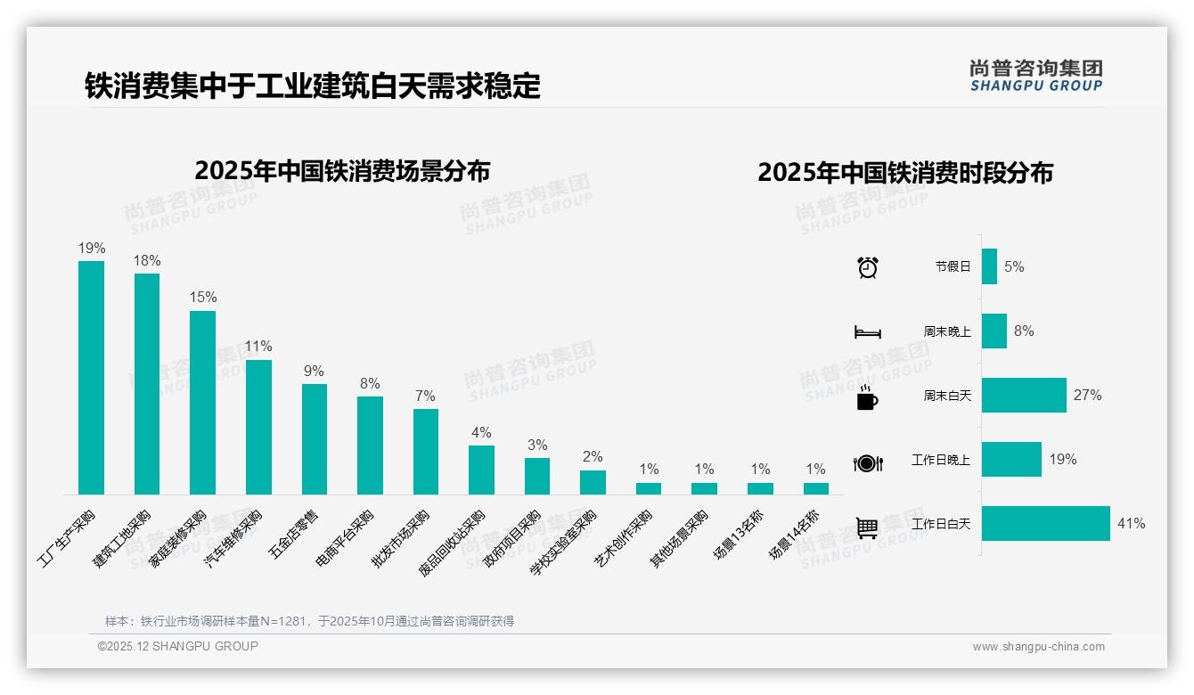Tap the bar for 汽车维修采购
[x=258, y=427]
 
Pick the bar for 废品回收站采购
[x=481, y=470]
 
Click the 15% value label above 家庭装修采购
[x=202, y=298]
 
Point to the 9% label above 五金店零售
[x=314, y=371]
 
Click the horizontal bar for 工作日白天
[x=1045, y=524]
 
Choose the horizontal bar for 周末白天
[x=1024, y=395]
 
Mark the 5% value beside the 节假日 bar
[x=1014, y=266]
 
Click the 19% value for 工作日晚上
[x=1062, y=460]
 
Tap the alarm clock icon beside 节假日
[x=867, y=267]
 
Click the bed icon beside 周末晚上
[x=867, y=332]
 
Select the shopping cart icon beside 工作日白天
[x=867, y=527]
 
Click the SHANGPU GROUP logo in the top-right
[x=1035, y=76]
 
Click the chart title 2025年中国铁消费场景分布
[x=342, y=171]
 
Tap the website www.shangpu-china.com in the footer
[x=1038, y=647]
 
